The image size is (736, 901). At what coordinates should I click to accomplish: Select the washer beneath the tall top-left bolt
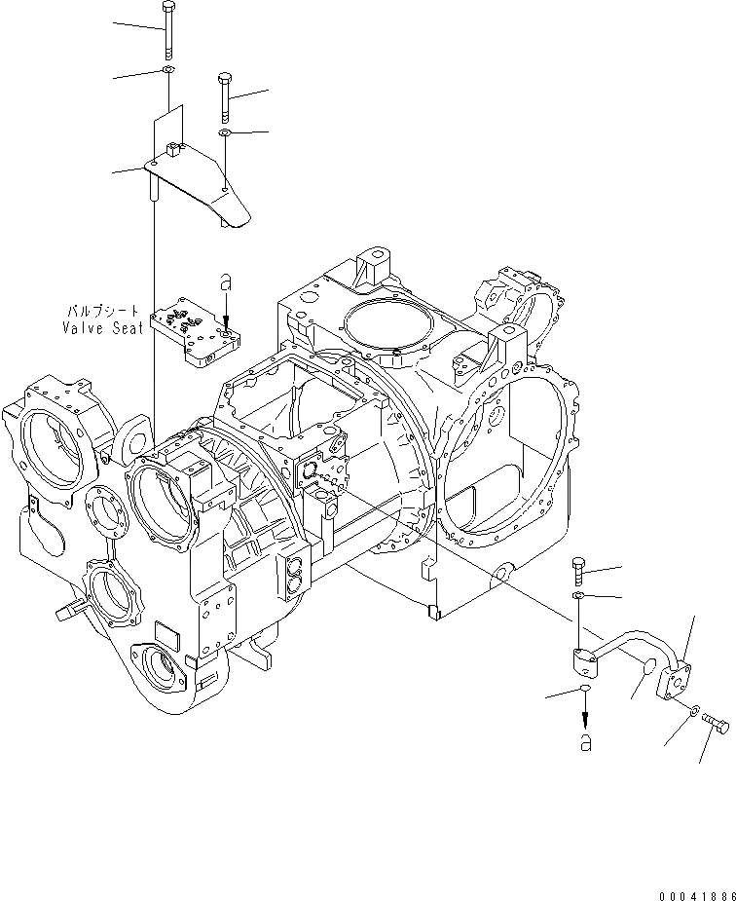(168, 70)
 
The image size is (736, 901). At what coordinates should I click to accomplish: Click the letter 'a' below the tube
(585, 743)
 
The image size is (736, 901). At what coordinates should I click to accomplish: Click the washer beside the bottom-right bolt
(691, 713)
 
